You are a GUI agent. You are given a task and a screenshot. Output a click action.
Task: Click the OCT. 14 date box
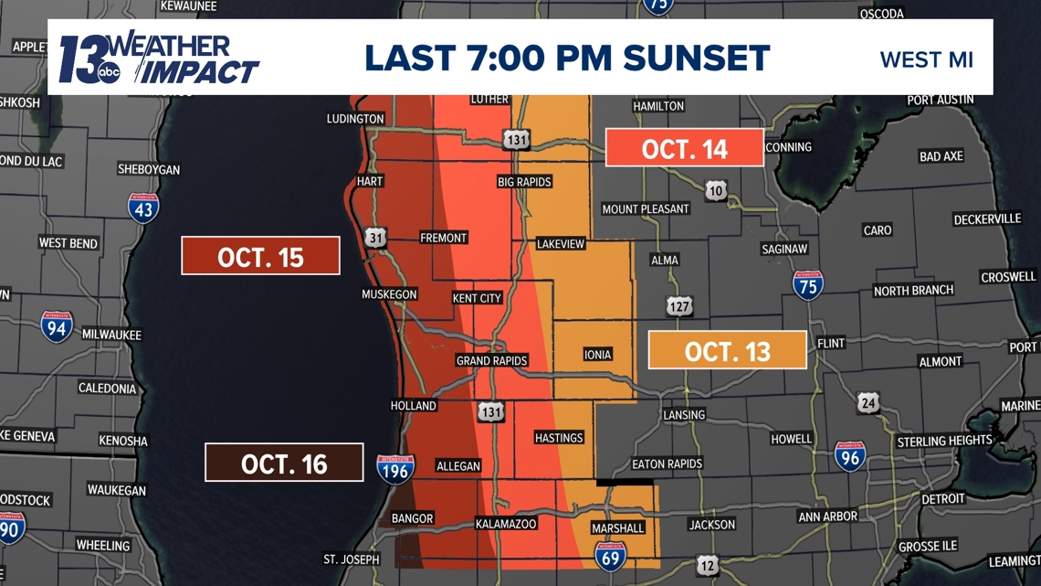[x=685, y=148]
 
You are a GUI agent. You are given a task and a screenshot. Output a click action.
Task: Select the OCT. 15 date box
[x=260, y=256]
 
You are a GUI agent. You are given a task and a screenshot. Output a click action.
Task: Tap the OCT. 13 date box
[x=727, y=350]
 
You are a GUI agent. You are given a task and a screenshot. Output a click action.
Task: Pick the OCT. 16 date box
[x=284, y=463]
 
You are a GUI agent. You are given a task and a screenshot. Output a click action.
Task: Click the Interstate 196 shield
[x=395, y=469]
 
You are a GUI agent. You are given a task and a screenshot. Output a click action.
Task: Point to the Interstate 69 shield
[x=610, y=555]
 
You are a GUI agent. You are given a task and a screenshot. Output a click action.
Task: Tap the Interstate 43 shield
[x=143, y=208]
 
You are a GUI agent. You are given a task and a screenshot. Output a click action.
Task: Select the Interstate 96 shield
[x=849, y=455]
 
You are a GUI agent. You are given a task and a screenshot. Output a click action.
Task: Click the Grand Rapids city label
[x=492, y=360]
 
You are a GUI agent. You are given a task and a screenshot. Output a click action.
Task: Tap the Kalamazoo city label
[x=506, y=524]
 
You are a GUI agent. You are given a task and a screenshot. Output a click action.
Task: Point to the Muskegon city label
[x=389, y=294]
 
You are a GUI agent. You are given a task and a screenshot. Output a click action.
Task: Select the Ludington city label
[x=355, y=119]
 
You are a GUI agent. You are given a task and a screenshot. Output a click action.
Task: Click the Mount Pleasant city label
[x=646, y=209]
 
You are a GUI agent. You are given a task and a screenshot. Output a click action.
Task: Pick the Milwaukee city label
[x=111, y=335]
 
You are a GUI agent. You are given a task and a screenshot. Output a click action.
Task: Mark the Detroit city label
[x=943, y=498]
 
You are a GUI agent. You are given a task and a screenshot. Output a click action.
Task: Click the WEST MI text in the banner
[x=926, y=60]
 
